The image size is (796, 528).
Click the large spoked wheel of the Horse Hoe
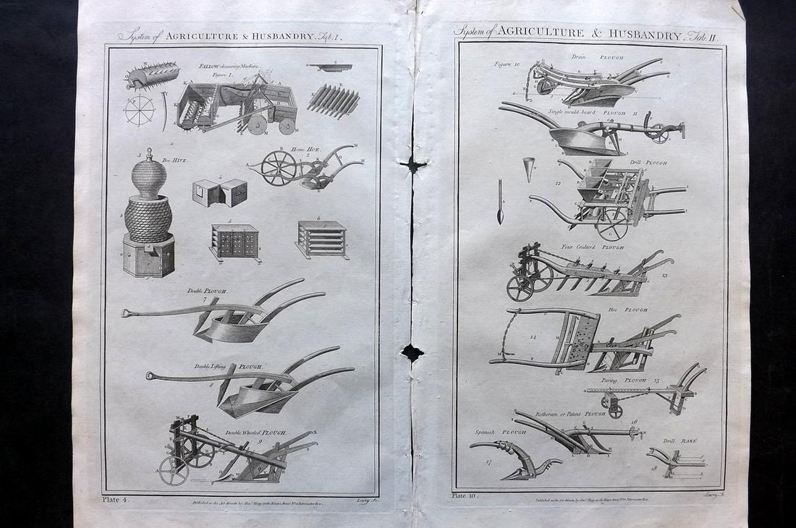tap(279, 168)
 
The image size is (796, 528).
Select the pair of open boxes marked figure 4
tap(220, 193)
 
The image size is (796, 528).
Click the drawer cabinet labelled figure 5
tap(234, 242)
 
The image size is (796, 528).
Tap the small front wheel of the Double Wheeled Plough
tap(174, 471)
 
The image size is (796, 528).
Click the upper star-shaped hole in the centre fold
tap(413, 165)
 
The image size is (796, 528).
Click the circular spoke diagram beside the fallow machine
tap(139, 111)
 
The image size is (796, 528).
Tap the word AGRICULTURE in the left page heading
tap(200, 35)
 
